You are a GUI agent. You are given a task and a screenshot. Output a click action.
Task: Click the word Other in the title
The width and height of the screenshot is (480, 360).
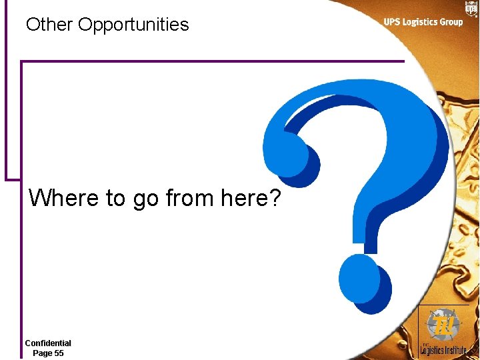[x=49, y=25]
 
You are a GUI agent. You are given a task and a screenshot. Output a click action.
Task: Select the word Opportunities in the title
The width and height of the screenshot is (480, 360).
[x=133, y=25]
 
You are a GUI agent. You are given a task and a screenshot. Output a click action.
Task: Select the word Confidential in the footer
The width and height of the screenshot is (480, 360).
[x=48, y=343]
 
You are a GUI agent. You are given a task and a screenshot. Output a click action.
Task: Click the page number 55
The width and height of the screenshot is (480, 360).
[x=58, y=353]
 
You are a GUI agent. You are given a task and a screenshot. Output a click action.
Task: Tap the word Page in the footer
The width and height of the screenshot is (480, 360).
[x=41, y=353]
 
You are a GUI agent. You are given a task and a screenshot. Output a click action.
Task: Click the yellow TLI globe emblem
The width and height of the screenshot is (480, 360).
[x=443, y=325]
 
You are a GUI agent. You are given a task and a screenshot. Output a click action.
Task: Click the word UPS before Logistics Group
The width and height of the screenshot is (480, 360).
[x=393, y=22]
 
